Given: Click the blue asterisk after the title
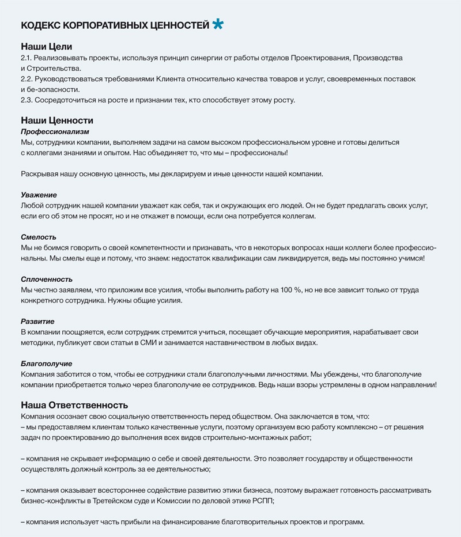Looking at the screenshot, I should (x=218, y=24).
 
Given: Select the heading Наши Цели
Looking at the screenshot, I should (x=46, y=46).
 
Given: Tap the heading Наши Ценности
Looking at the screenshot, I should (x=56, y=120).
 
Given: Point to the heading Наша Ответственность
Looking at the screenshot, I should (x=74, y=404).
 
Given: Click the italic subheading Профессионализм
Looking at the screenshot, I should (x=55, y=132).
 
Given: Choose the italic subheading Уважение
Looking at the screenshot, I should (x=39, y=195).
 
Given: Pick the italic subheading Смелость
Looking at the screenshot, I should (x=39, y=237).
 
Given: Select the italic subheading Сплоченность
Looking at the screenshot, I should (x=47, y=279).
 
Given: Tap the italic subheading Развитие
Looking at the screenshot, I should (x=37, y=322).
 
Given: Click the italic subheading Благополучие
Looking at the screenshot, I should (x=46, y=364).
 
